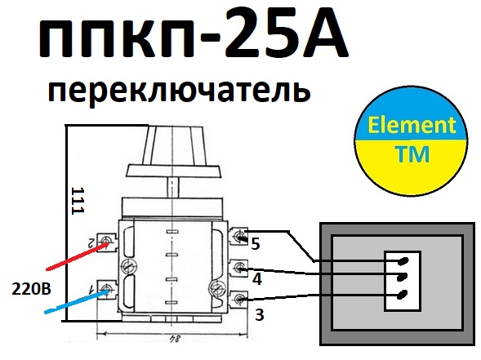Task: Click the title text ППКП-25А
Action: [x=194, y=33]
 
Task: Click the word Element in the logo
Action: [x=412, y=125]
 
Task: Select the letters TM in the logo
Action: [x=412, y=154]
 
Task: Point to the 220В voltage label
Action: [x=31, y=289]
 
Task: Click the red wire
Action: [x=77, y=256]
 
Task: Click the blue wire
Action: [x=77, y=301]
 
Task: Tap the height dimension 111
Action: [x=78, y=201]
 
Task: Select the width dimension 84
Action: [x=174, y=339]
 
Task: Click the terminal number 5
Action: [x=256, y=244]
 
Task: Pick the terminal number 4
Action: [x=257, y=279]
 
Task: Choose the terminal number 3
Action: [x=259, y=314]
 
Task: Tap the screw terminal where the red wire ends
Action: [x=107, y=242]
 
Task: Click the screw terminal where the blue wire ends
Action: [x=107, y=289]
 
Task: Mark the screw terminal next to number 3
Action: [x=239, y=300]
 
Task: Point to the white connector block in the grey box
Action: [x=403, y=281]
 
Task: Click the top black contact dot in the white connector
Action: [x=403, y=261]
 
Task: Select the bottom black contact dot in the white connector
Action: [x=402, y=295]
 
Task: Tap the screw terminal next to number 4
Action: [x=240, y=269]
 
